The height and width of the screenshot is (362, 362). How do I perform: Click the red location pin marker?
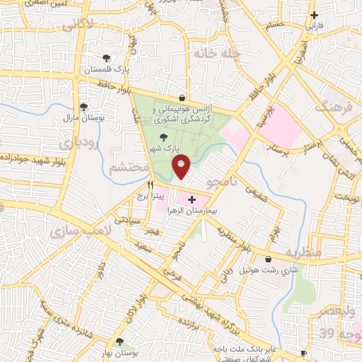click(182, 167)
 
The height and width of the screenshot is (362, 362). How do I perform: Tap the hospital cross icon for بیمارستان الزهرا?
click(192, 200)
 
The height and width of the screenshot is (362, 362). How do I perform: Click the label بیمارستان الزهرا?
click(192, 211)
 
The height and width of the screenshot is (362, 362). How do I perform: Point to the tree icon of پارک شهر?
click(164, 138)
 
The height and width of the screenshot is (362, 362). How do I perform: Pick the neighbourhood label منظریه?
click(303, 252)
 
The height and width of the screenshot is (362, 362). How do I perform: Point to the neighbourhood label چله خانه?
click(216, 53)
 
